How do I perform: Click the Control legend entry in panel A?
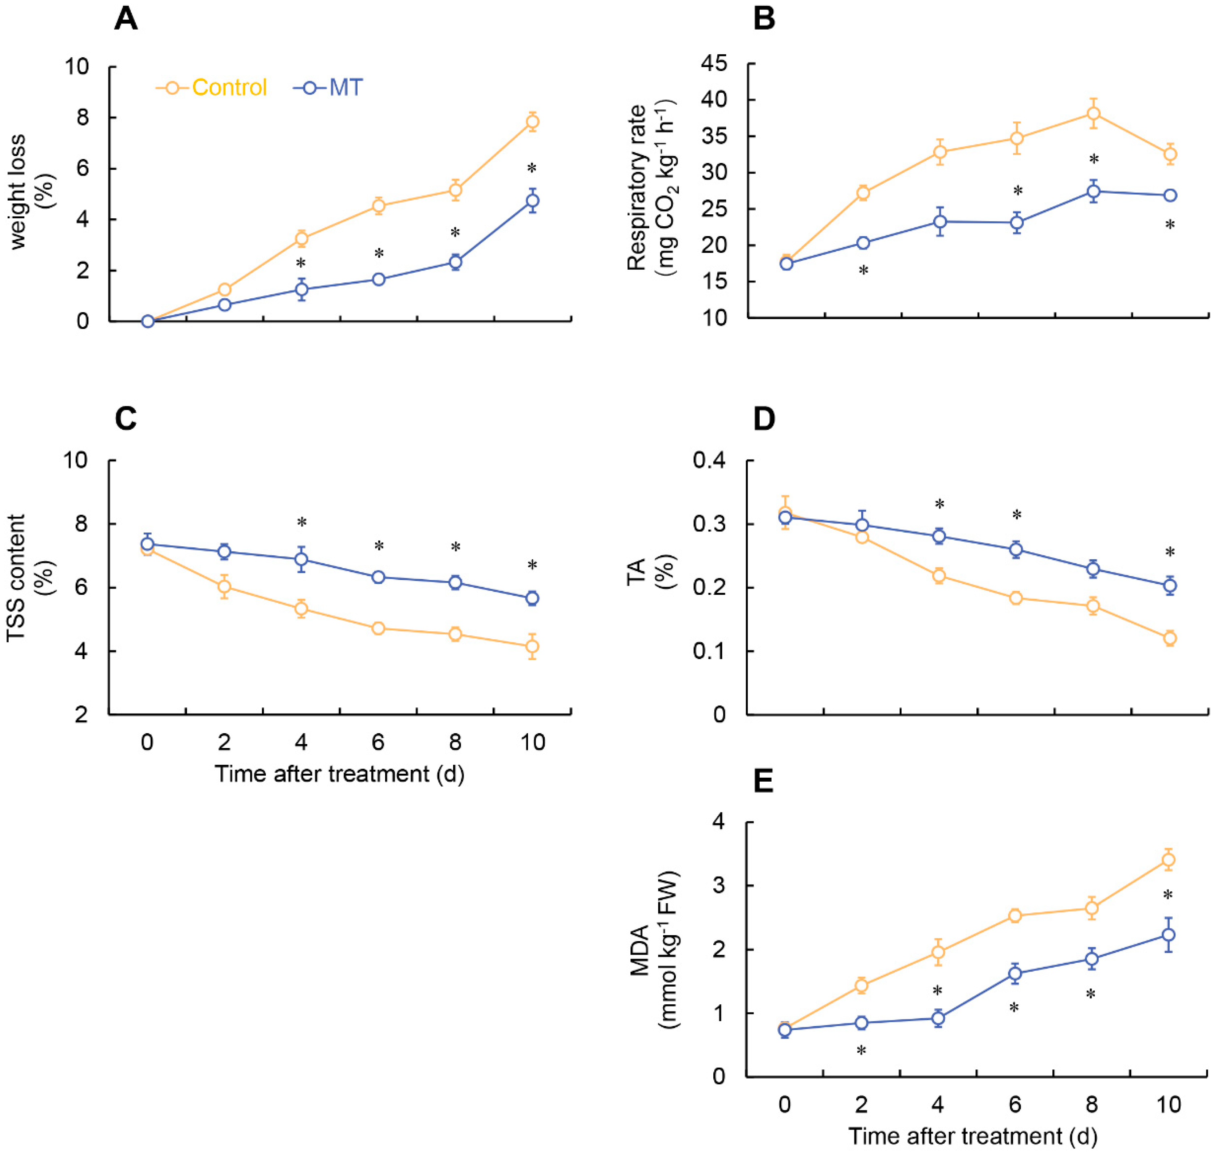click(x=211, y=88)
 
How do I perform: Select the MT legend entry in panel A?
click(x=328, y=88)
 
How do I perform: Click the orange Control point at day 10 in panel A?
click(x=532, y=121)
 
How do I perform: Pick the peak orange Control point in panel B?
click(x=1093, y=113)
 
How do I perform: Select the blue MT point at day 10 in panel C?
click(x=532, y=598)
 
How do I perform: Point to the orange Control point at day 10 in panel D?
click(x=1170, y=638)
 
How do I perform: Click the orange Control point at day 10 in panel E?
click(x=1168, y=859)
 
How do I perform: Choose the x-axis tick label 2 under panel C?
click(x=224, y=743)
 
